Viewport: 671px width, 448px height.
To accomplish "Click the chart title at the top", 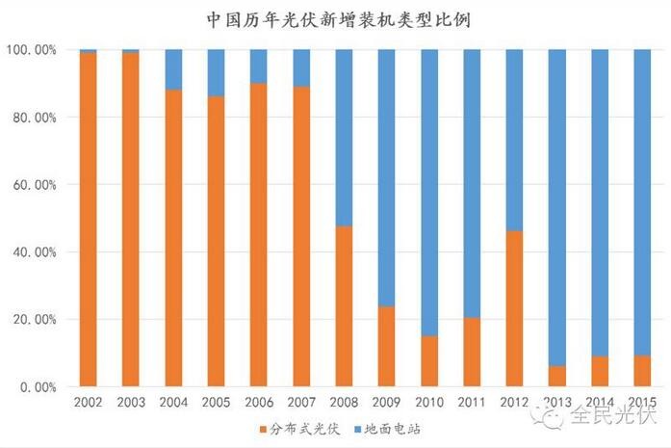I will click(336, 18).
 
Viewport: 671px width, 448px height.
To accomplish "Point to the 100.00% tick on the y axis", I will click(31, 49).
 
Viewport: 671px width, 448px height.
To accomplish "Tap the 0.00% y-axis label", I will click(37, 387).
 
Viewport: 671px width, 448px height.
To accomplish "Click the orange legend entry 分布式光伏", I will click(295, 428).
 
